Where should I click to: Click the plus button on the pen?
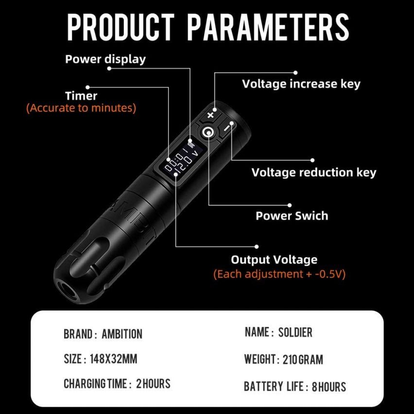210,115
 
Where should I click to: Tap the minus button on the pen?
226,127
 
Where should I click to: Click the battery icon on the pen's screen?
191,145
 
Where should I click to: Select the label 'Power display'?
105,59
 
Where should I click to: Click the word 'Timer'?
81,96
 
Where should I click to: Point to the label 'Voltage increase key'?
301,84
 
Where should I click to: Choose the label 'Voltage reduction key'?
313,172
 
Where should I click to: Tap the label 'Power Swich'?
292,216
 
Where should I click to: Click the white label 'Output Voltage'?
274,259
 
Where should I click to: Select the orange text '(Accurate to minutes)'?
81,108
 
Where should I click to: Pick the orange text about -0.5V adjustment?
279,274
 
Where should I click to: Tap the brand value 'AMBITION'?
122,334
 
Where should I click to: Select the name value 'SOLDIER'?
295,332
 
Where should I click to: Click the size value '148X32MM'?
114,359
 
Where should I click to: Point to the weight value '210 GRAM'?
303,360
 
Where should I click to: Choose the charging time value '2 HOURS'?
153,383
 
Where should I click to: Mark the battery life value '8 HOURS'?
329,387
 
